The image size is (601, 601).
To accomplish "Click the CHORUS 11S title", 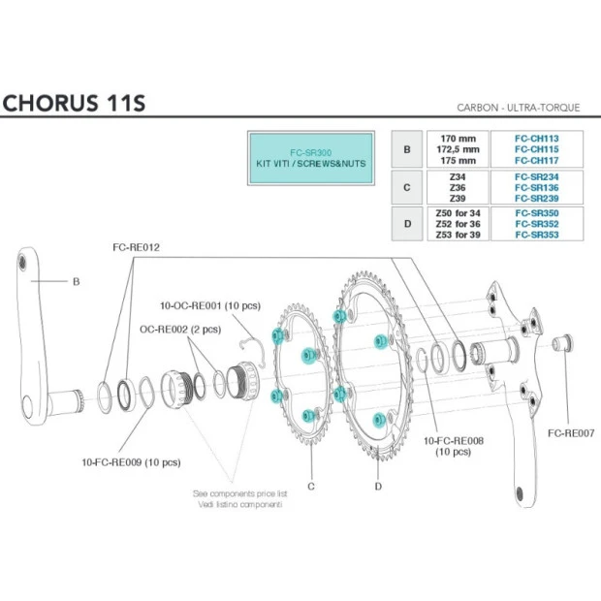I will click(74, 102).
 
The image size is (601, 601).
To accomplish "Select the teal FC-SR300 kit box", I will click(310, 158).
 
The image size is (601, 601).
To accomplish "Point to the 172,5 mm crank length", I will click(459, 150).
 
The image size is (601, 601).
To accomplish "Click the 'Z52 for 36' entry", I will click(459, 223).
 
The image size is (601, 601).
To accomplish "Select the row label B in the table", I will click(407, 150).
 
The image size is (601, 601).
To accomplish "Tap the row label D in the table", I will click(407, 223).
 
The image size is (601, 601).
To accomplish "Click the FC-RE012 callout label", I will click(136, 248).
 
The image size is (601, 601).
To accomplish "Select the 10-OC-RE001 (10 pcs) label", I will click(209, 306).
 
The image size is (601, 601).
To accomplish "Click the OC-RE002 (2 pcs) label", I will click(180, 329).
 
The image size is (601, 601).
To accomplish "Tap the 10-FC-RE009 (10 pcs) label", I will click(132, 462).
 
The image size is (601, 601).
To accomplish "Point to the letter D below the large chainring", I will click(378, 485).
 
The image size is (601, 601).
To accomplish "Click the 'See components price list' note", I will click(239, 492).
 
